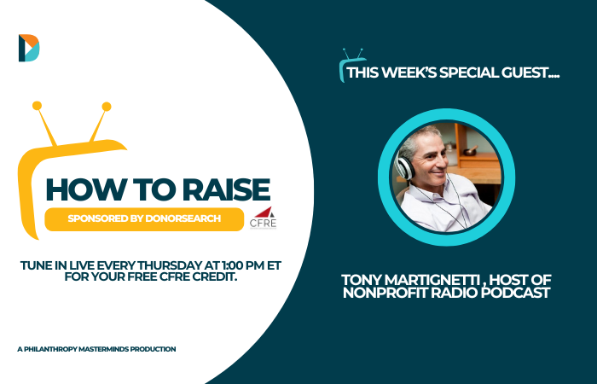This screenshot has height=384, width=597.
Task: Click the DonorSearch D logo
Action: coord(29,48)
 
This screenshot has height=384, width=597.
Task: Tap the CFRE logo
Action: coord(263,218)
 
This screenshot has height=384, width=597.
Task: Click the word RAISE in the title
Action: coord(227,189)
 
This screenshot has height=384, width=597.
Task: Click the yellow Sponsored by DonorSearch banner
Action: coord(144,219)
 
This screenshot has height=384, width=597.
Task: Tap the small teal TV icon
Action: coord(351,65)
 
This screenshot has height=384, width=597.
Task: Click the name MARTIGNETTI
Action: coord(432,280)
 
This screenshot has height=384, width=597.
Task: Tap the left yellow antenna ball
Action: coord(37,106)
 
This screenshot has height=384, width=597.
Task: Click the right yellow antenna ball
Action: coord(107,107)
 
